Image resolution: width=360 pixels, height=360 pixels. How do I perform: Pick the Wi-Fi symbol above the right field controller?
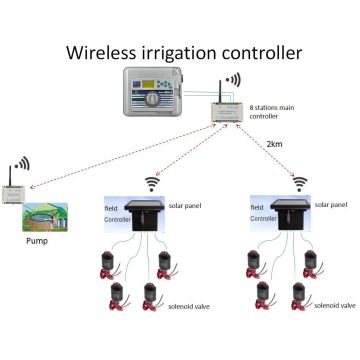[298, 181]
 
